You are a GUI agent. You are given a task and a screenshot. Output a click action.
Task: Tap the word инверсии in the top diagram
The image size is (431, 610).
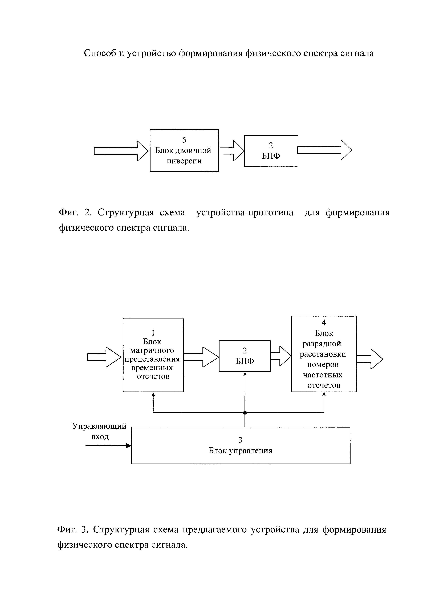point(184,161)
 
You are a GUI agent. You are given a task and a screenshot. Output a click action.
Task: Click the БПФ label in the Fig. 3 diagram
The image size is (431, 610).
point(245,361)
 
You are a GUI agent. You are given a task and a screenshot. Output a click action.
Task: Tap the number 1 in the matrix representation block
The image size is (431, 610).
point(153,333)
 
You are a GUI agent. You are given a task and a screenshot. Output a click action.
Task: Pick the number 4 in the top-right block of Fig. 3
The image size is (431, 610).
point(324,322)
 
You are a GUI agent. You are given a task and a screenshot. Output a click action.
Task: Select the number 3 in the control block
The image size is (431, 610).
point(241,440)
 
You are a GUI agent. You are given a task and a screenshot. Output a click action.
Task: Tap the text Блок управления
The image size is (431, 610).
point(241,451)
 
